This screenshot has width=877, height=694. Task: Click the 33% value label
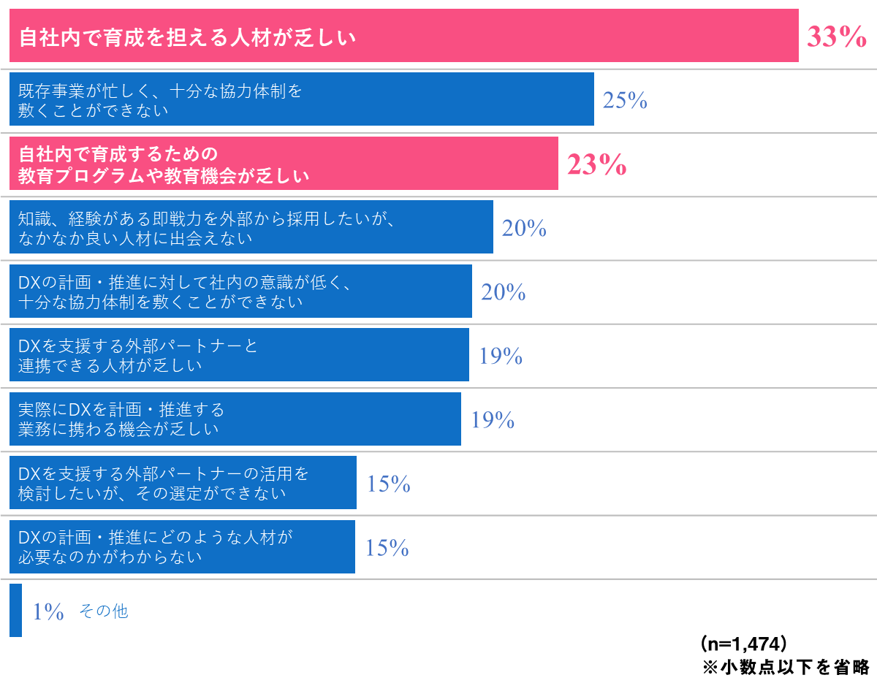click(836, 37)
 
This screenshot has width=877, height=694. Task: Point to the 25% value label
click(625, 101)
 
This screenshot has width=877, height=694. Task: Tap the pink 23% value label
click(596, 165)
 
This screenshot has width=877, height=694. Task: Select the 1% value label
click(48, 611)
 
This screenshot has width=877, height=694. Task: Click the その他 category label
click(103, 611)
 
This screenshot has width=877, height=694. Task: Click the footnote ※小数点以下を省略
click(786, 667)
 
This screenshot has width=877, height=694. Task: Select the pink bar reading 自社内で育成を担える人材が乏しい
click(403, 36)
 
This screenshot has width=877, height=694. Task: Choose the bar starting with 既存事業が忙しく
click(301, 99)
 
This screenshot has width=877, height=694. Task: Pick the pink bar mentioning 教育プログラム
click(284, 164)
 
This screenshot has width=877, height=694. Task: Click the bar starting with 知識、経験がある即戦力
click(251, 227)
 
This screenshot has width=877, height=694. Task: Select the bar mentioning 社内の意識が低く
click(240, 291)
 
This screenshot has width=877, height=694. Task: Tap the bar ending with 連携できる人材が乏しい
click(239, 355)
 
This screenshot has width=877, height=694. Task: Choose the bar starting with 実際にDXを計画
click(235, 419)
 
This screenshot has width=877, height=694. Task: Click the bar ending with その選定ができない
click(183, 483)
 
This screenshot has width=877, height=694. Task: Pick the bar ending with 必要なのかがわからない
click(182, 546)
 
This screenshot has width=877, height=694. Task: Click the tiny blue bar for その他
click(15, 611)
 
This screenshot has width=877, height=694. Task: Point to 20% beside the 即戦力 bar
click(524, 229)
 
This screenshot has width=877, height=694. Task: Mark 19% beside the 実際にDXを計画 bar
click(493, 420)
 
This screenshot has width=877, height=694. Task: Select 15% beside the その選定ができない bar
click(389, 484)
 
